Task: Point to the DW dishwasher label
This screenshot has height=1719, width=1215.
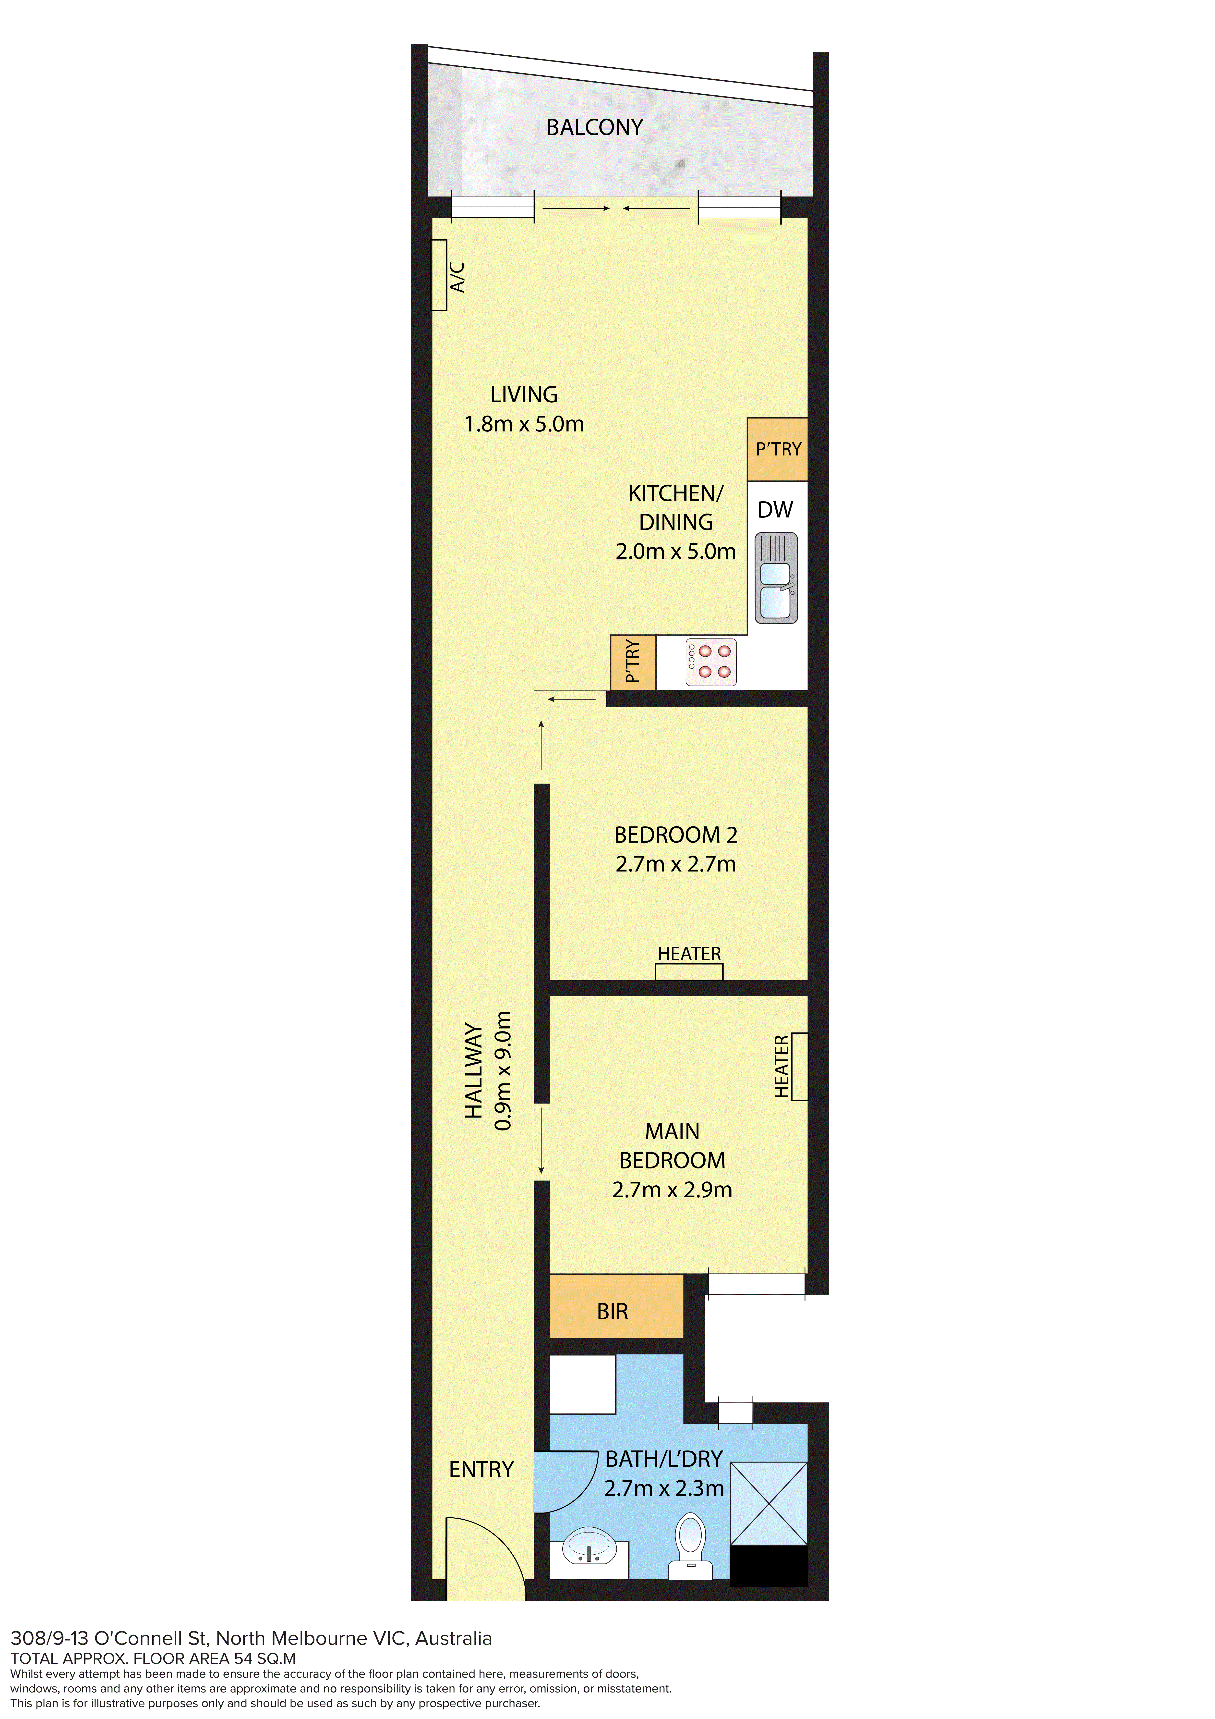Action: point(775,510)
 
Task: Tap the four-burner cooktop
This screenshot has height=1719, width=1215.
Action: point(711,662)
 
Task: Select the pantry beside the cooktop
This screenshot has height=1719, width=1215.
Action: point(633,662)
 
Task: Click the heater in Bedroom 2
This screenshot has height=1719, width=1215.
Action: point(689,972)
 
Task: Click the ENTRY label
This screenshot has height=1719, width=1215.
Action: point(481,1470)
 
